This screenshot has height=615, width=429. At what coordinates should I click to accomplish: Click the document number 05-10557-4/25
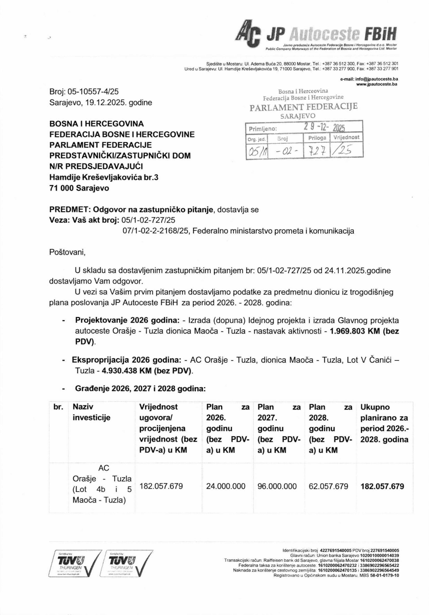coord(93,92)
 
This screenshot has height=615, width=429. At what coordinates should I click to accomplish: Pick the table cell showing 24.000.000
coord(226,486)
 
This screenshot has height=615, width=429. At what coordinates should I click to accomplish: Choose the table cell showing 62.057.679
coord(328,486)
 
